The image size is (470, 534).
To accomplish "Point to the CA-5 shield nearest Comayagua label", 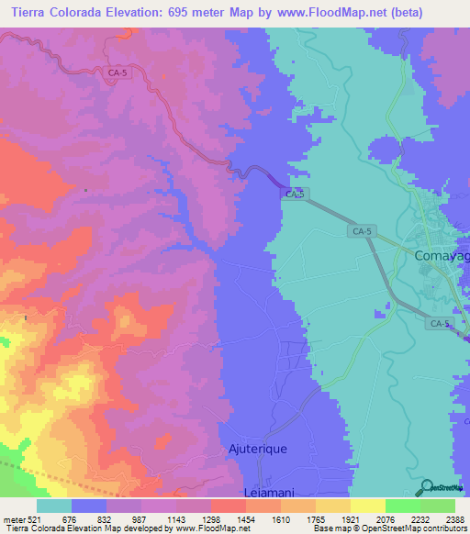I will [x=363, y=232].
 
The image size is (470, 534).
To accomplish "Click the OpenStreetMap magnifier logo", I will [x=428, y=487].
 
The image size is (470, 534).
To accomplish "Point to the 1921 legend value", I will [x=350, y=520].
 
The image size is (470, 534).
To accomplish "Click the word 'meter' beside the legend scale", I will [x=13, y=520].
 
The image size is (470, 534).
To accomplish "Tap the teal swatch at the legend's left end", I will [x=53, y=506].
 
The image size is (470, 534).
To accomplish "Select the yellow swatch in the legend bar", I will [x=367, y=506].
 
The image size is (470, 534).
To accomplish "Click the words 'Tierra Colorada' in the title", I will [x=55, y=12].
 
